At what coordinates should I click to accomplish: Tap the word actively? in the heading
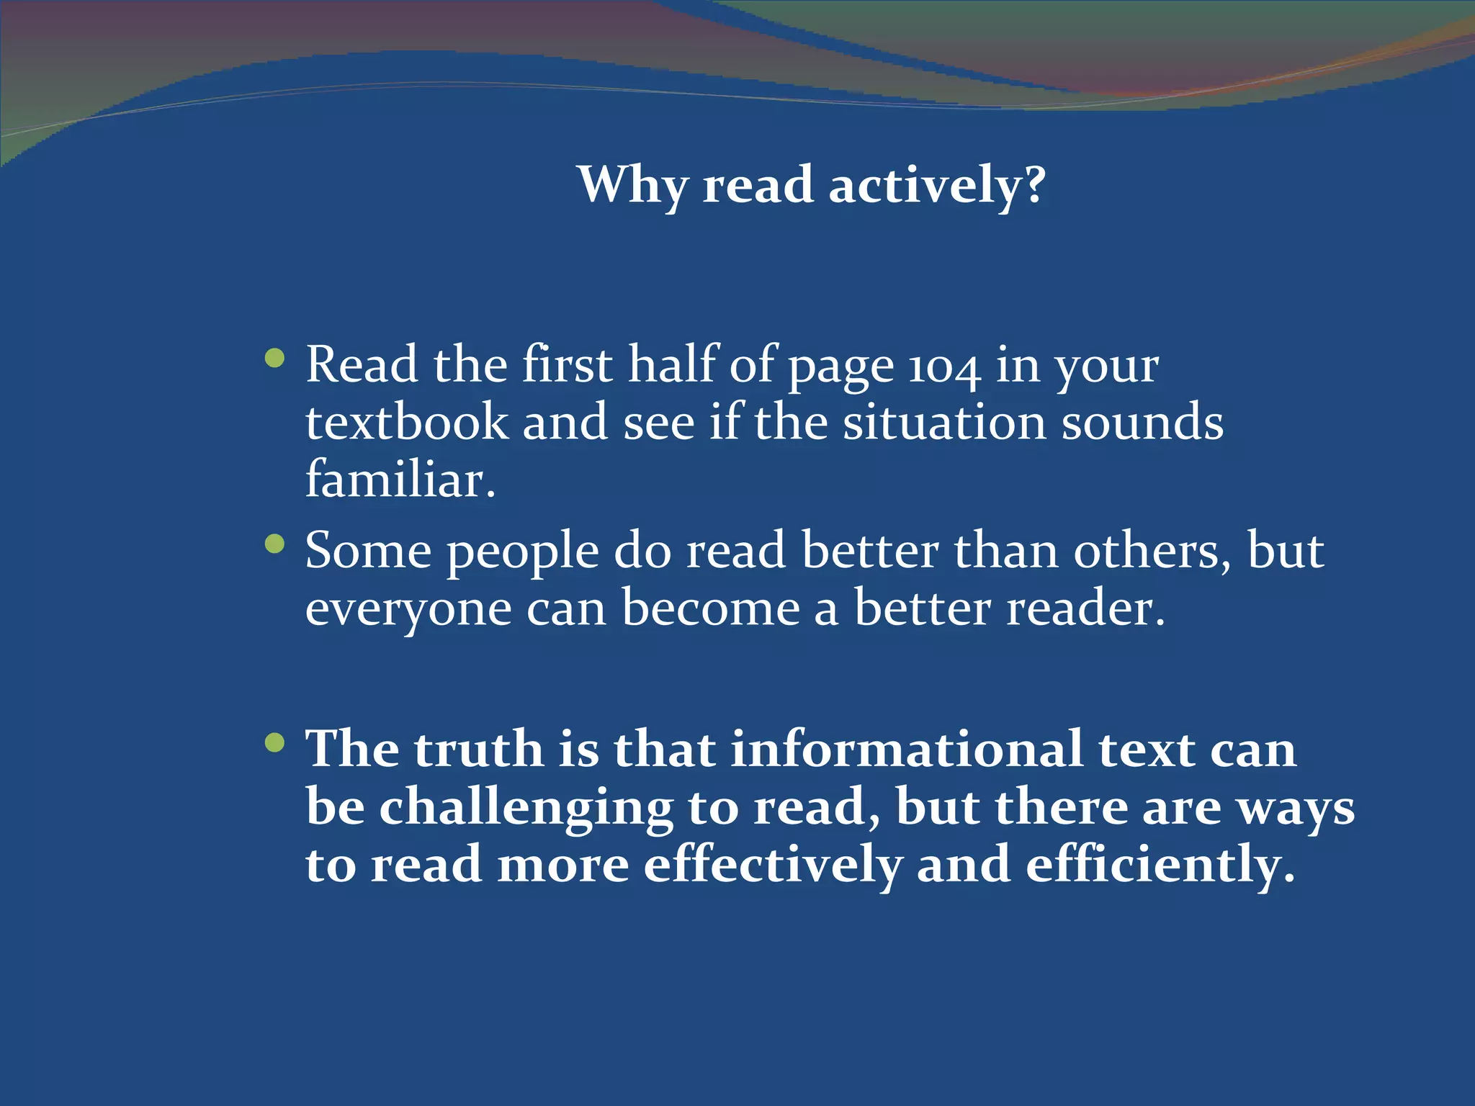coord(936,186)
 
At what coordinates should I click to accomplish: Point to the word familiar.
coord(400,480)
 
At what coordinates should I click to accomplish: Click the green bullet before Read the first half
coord(274,358)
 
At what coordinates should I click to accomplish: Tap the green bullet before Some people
coord(274,544)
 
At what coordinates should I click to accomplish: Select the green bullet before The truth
coord(274,742)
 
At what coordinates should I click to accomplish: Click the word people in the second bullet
coord(522,553)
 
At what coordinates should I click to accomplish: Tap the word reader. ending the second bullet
coord(1085,609)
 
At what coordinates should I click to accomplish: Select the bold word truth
coord(478,750)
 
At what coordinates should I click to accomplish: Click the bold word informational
coord(907,750)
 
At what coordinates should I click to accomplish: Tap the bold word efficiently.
coord(1160,866)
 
